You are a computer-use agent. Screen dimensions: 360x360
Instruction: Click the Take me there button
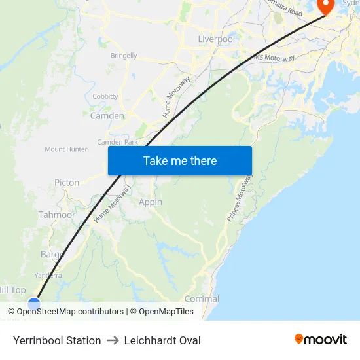pyautogui.click(x=180, y=161)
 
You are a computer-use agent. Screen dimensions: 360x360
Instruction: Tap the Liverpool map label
pyautogui.click(x=216, y=39)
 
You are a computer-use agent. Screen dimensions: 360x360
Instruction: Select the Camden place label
pyautogui.click(x=107, y=116)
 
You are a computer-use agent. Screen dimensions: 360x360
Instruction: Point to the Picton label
pyautogui.click(x=67, y=183)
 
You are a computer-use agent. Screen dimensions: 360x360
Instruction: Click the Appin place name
pyautogui.click(x=151, y=202)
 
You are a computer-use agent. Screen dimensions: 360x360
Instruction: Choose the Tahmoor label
pyautogui.click(x=57, y=215)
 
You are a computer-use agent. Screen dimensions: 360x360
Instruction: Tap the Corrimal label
pyautogui.click(x=202, y=298)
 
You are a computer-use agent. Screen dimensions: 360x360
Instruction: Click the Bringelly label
pyautogui.click(x=124, y=56)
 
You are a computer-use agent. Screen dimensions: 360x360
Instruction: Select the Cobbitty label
pyautogui.click(x=105, y=96)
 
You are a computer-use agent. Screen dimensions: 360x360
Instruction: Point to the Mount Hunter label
pyautogui.click(x=66, y=149)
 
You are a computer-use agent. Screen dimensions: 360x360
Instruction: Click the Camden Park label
pyautogui.click(x=117, y=142)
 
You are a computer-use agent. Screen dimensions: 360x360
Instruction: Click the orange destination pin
pyautogui.click(x=325, y=6)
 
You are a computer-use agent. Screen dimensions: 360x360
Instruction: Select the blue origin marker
pyautogui.click(x=34, y=304)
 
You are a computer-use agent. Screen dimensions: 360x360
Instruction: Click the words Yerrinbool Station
pyautogui.click(x=57, y=340)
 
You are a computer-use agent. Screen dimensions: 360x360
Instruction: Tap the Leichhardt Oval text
pyautogui.click(x=162, y=340)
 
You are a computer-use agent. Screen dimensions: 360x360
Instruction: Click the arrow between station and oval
pyautogui.click(x=113, y=340)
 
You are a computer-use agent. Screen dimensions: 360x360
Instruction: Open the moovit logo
pyautogui.click(x=320, y=339)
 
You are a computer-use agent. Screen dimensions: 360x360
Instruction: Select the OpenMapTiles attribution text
pyautogui.click(x=166, y=312)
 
